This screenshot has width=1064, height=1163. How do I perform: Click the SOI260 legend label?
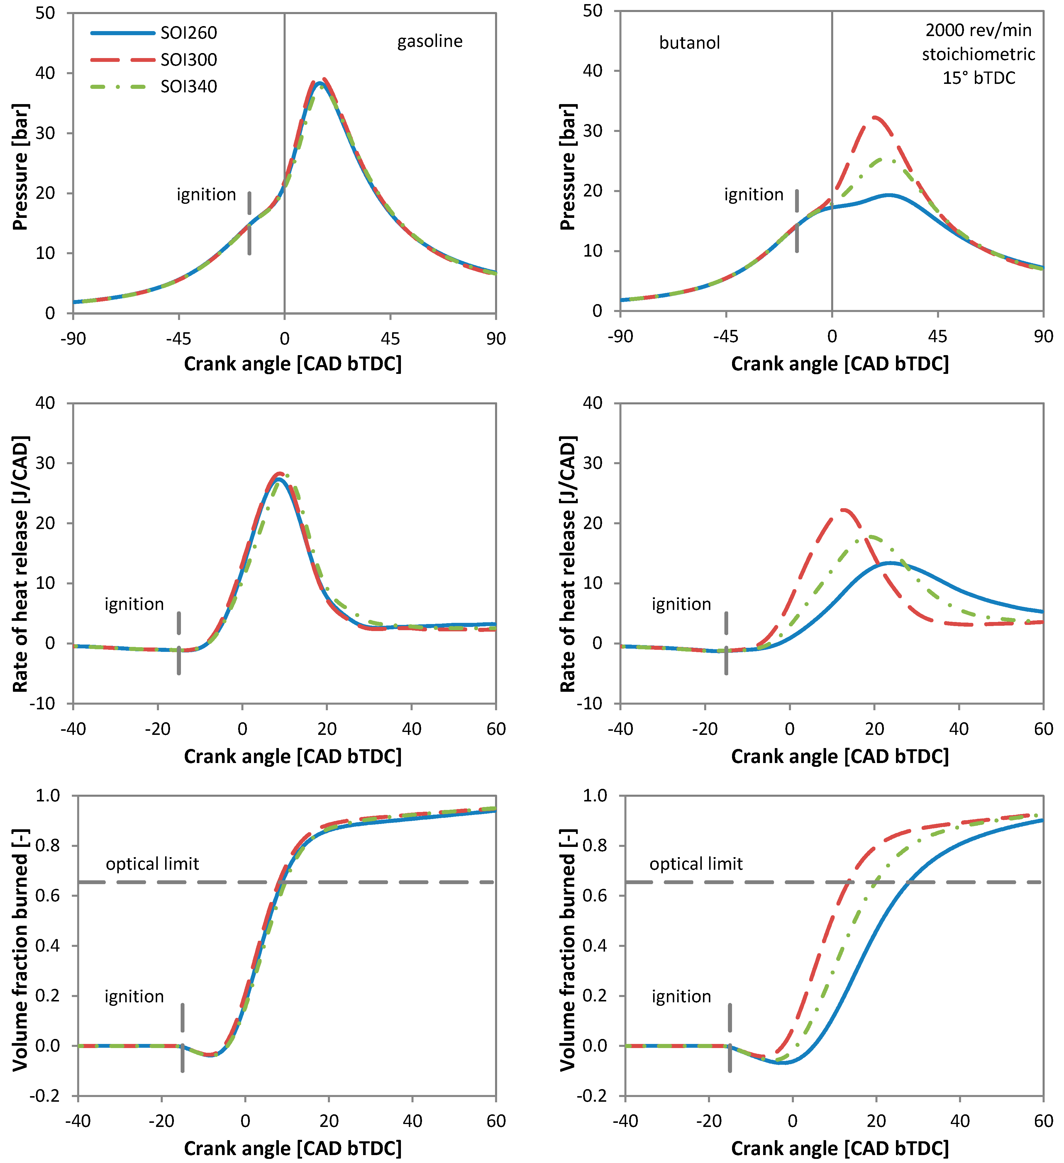[x=189, y=33]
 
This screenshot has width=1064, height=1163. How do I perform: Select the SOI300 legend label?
[x=189, y=60]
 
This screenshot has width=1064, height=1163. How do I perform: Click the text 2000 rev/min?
[x=979, y=30]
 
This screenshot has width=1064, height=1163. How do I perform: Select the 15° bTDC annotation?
[x=979, y=78]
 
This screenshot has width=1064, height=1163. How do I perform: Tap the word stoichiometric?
[x=979, y=54]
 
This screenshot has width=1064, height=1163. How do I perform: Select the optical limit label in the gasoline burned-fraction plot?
[x=152, y=864]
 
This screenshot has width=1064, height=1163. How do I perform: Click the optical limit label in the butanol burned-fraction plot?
[x=696, y=864]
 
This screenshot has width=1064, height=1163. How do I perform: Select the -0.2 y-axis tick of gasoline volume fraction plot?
[x=47, y=1096]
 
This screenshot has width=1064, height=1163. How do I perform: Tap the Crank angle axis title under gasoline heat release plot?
[x=293, y=756]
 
